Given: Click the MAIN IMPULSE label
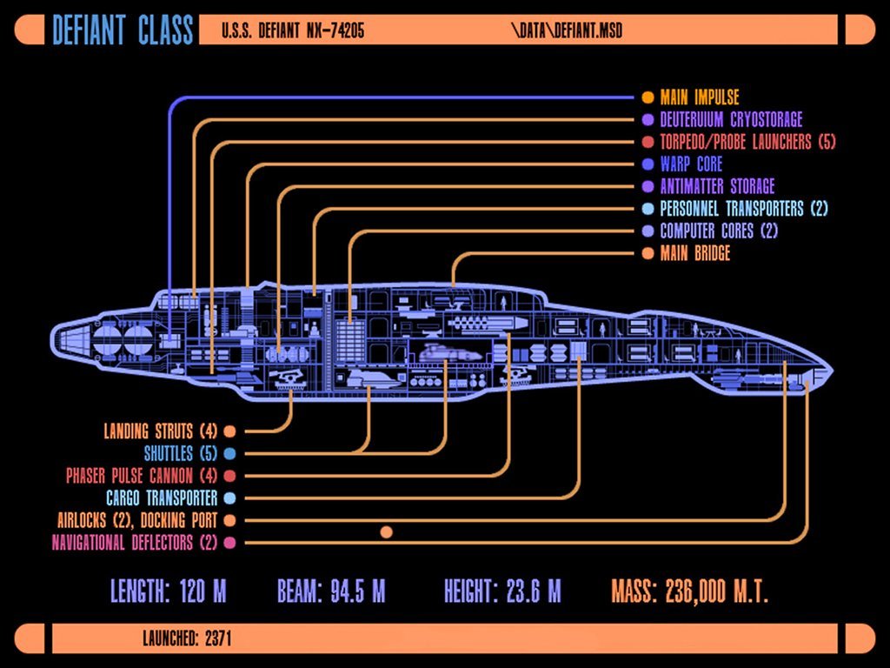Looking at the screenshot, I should tap(699, 97).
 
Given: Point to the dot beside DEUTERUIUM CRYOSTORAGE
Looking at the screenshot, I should tap(648, 120).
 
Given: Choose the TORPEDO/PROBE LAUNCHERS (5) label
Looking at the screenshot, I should tap(747, 142).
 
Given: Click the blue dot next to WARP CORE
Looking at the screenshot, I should tap(648, 164).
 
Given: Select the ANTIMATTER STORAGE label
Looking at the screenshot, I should tap(716, 186).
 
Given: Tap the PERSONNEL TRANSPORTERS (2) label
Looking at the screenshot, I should tap(744, 209).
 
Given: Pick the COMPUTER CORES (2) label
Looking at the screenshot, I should tap(718, 231).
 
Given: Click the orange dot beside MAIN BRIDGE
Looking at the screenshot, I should tap(648, 254).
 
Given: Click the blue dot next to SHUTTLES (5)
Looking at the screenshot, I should tap(229, 454).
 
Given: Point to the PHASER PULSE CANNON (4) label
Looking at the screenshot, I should tap(141, 476).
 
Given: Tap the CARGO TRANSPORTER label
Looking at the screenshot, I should tap(161, 498).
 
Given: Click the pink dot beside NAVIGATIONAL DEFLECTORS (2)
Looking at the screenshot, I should tap(229, 543).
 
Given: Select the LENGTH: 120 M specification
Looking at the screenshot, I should tap(168, 592).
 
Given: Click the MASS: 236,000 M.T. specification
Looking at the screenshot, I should tap(689, 592).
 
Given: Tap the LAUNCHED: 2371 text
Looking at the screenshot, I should tap(187, 638).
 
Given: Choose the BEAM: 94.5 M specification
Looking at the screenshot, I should tap(331, 592).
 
